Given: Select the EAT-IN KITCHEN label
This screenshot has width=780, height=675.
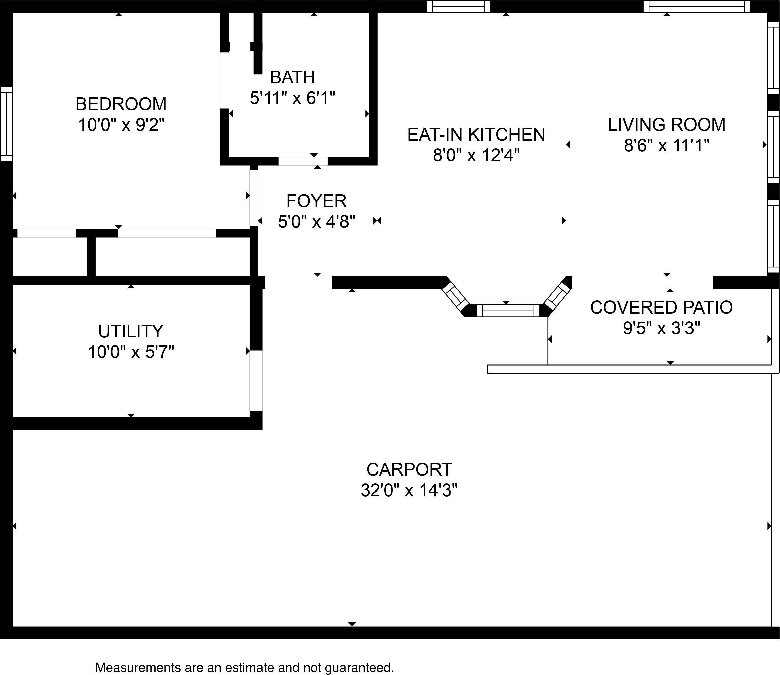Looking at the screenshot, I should click(x=476, y=135).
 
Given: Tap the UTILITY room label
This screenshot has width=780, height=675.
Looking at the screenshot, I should click(x=131, y=332).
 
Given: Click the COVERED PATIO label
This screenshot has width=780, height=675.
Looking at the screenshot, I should click(x=661, y=308).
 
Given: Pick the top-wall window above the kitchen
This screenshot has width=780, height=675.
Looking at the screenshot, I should click(x=459, y=7).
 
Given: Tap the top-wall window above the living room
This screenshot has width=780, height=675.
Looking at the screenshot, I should click(x=697, y=7).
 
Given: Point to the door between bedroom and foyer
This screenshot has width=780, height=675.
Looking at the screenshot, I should click(x=254, y=198).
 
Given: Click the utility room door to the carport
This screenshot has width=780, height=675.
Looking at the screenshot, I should click(x=256, y=381).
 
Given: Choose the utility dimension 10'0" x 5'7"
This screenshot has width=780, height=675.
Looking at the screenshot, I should click(x=131, y=352).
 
